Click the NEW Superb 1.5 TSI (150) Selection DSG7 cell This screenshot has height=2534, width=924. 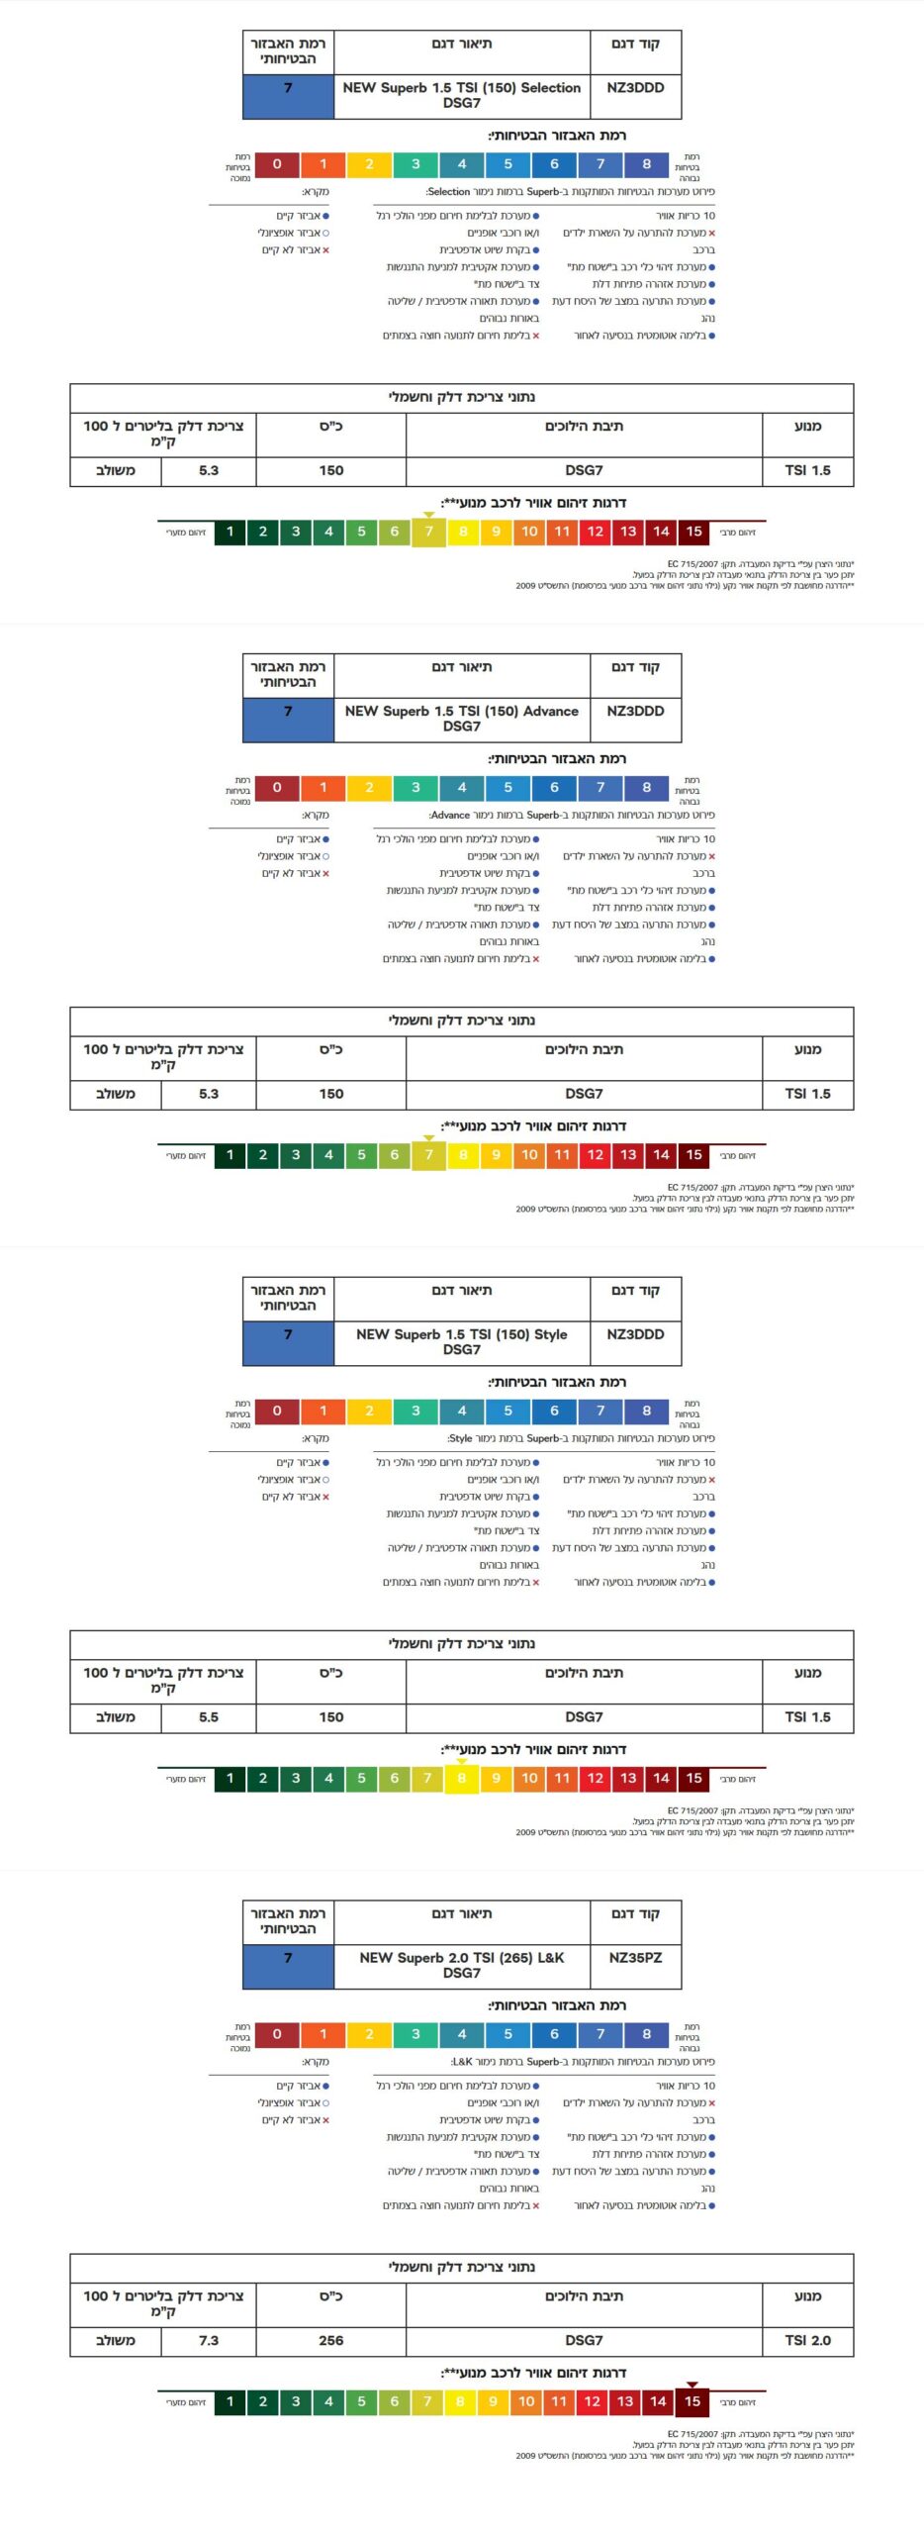(461, 95)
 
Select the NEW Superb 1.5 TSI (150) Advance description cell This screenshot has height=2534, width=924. (461, 719)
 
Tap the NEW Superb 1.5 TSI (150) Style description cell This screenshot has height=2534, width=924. (461, 1342)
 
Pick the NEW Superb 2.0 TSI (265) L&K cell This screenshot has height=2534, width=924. (461, 1965)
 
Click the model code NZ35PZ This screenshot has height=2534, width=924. (635, 1958)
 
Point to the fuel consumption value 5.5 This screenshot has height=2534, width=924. (209, 1717)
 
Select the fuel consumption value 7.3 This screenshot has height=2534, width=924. (209, 2340)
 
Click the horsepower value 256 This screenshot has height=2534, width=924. (331, 2340)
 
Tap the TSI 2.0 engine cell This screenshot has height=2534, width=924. (807, 2340)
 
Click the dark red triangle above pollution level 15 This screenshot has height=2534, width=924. (693, 2385)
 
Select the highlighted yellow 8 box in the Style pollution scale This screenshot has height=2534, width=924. (462, 1779)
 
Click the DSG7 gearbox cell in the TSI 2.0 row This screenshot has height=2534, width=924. (584, 2340)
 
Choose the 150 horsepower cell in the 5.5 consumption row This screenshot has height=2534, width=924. (331, 1717)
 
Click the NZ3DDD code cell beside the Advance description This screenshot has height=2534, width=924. (635, 711)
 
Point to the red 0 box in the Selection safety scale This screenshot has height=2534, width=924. (277, 164)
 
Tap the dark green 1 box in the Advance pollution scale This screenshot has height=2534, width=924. (230, 1155)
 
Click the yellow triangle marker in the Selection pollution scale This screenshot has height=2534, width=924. (428, 515)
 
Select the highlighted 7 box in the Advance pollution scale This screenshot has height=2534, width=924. (428, 1155)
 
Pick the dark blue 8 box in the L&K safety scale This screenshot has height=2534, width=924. (646, 2034)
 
